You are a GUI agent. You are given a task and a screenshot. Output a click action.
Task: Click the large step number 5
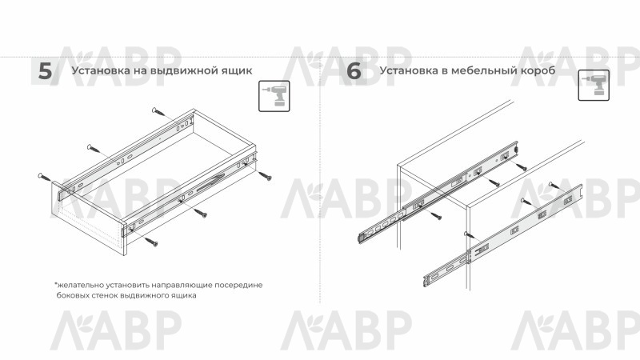(46, 71)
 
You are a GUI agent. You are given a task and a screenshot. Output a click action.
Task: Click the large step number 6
(354, 71)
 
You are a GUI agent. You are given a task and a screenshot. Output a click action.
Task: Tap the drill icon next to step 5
(274, 96)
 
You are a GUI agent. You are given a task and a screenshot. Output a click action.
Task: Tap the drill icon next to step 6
(594, 85)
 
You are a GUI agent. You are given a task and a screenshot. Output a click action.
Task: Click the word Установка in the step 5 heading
(101, 70)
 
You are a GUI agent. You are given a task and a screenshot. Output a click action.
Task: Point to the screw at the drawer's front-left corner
(45, 178)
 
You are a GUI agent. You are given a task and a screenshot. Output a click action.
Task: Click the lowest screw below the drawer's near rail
(150, 242)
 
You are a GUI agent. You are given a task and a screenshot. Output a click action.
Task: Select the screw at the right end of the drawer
(265, 175)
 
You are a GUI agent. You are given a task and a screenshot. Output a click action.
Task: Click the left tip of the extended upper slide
(359, 238)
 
